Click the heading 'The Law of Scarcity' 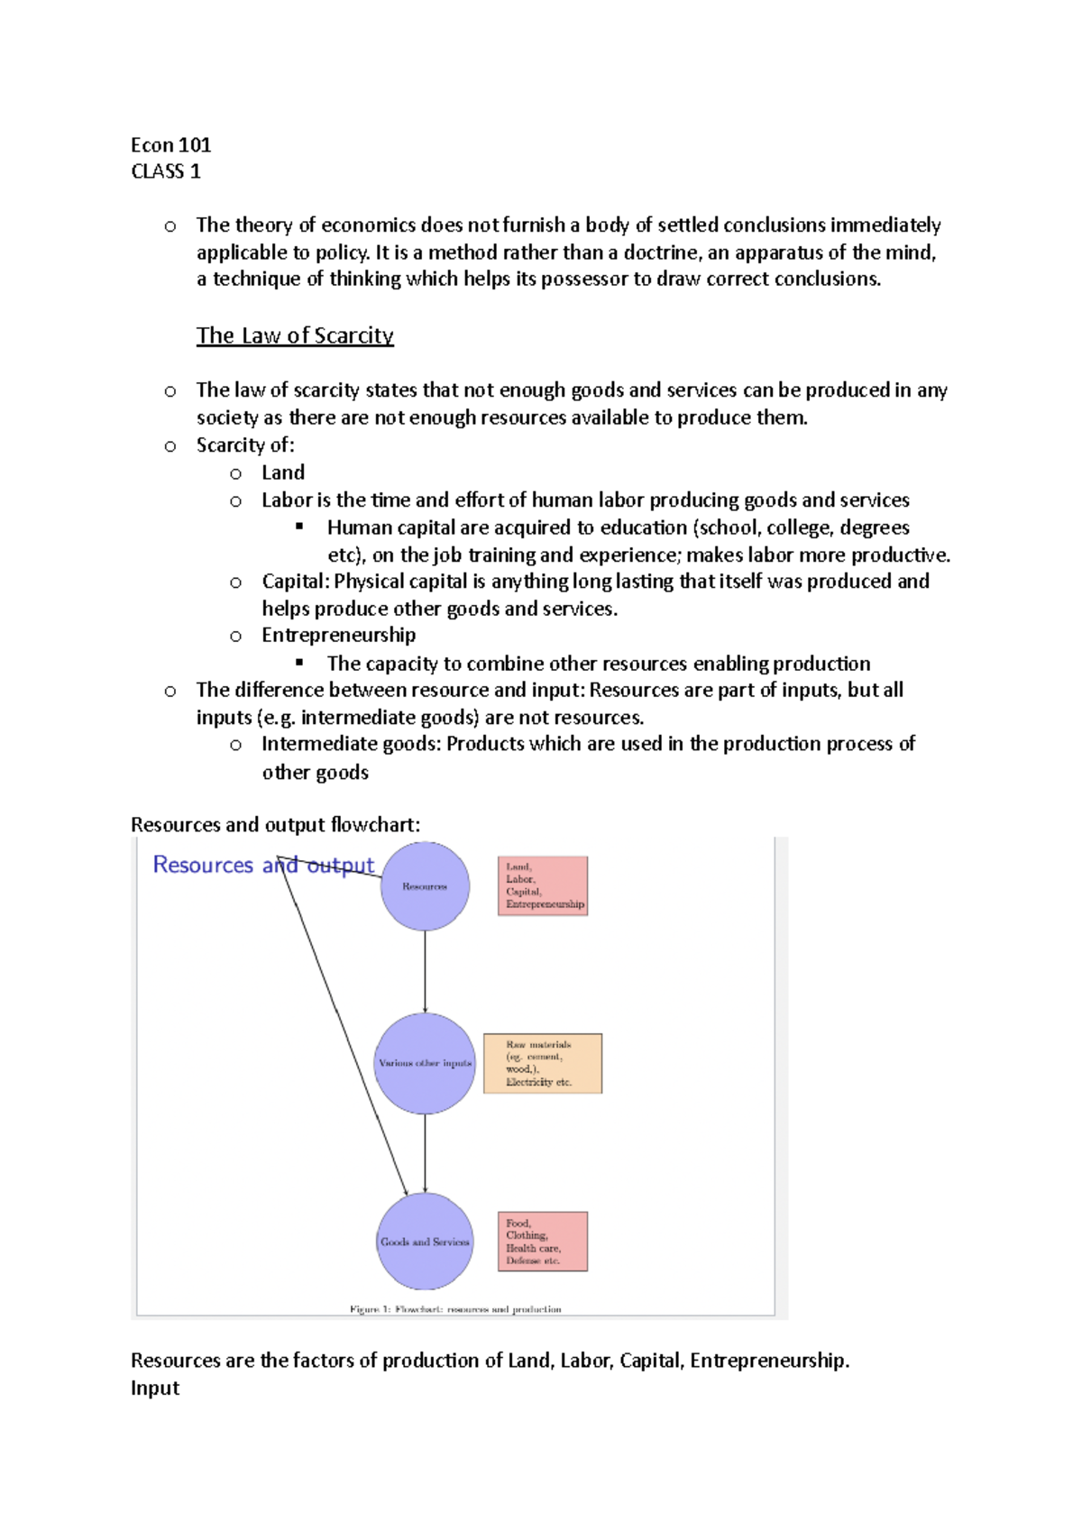point(295,335)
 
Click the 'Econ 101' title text point(170,145)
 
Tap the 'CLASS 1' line point(166,171)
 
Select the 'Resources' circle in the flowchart point(425,886)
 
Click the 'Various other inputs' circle point(425,1063)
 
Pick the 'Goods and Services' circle point(425,1242)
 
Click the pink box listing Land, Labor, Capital point(543,885)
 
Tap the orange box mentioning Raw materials point(543,1063)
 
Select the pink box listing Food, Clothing point(543,1242)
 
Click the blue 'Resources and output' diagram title point(263,865)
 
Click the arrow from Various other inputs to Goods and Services point(425,1152)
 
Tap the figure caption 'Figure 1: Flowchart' point(455,1309)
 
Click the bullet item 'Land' point(283,472)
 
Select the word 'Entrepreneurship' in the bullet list point(339,635)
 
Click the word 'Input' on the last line point(155,1388)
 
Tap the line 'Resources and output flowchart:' point(275,824)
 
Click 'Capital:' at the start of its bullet point(296,581)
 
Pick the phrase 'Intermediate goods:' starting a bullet point(352,744)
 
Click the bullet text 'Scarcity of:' point(245,445)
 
